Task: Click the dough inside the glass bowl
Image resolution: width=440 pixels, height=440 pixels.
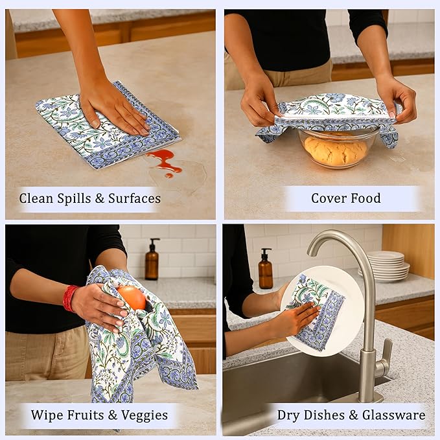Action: (x=336, y=151)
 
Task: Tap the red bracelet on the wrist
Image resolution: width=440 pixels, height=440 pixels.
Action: (x=69, y=298)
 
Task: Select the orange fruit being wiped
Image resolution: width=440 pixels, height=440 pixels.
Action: (x=132, y=297)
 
